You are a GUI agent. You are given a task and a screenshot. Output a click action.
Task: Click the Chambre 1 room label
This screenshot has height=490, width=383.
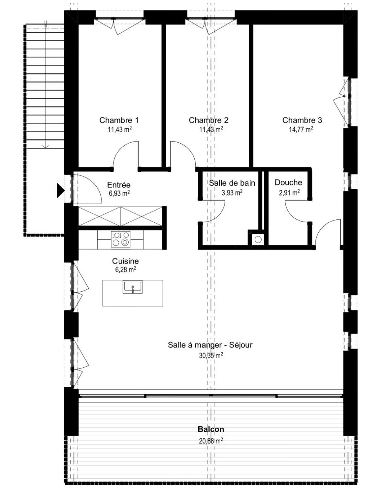(119, 120)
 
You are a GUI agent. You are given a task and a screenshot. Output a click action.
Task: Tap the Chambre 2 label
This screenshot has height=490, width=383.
(209, 120)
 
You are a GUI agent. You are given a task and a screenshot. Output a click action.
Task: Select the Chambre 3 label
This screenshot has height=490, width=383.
(302, 120)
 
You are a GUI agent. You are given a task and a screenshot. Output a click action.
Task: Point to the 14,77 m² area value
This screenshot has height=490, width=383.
(301, 129)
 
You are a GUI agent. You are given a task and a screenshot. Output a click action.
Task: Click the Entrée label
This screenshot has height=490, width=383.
(119, 185)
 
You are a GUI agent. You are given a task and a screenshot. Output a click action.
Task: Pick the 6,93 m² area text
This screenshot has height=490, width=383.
(119, 193)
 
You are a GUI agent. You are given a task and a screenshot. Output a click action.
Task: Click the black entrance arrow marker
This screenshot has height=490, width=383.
(60, 191)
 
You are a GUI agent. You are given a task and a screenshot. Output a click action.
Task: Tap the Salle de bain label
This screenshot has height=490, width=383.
(232, 183)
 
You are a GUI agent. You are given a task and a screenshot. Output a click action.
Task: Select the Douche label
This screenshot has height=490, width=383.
(288, 182)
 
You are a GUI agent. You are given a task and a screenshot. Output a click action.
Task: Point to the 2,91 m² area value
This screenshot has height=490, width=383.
(289, 192)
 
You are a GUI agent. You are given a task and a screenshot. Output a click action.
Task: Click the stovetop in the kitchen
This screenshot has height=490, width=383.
(121, 239)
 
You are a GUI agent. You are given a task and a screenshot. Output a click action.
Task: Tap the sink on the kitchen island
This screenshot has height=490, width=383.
(133, 287)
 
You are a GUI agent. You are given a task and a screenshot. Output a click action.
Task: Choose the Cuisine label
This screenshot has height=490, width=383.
(125, 261)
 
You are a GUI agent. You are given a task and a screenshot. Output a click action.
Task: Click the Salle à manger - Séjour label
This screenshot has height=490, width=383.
(210, 345)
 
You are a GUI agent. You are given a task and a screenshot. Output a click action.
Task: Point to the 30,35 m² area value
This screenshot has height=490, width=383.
(211, 356)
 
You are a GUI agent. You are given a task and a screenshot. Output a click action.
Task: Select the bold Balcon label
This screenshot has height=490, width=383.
(211, 429)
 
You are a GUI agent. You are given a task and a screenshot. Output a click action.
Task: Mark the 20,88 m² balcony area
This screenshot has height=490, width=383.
(211, 440)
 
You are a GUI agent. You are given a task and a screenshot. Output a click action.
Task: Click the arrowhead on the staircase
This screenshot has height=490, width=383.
(45, 147)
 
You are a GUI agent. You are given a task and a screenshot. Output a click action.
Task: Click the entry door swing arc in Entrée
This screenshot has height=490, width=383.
(95, 186)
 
